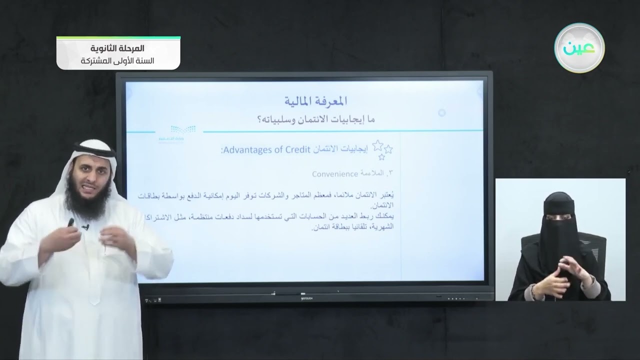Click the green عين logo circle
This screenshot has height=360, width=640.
pyautogui.click(x=579, y=48)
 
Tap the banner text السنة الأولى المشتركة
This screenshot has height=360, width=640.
pyautogui.click(x=118, y=61)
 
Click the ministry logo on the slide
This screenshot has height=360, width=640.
pyautogui.click(x=183, y=132)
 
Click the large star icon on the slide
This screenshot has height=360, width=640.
pyautogui.click(x=378, y=146)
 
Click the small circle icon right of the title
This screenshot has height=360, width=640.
pyautogui.click(x=441, y=113)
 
